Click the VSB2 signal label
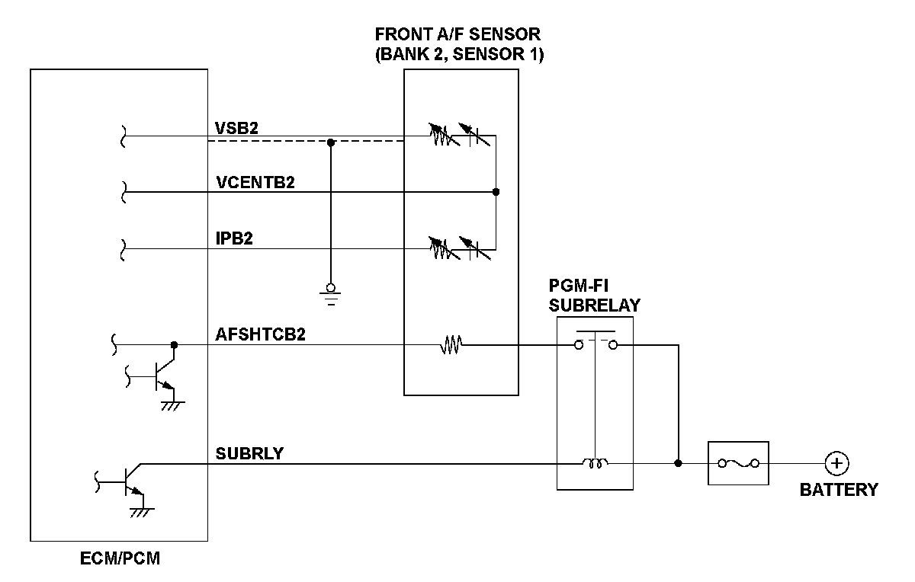pyautogui.click(x=237, y=128)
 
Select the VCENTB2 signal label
pyautogui.click(x=255, y=183)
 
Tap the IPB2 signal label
pyautogui.click(x=234, y=238)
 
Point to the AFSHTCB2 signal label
pyautogui.click(x=261, y=334)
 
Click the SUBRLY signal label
pyautogui.click(x=249, y=453)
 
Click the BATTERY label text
pyautogui.click(x=838, y=490)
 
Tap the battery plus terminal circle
pyautogui.click(x=837, y=463)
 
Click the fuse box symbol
pyautogui.click(x=738, y=463)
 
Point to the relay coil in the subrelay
pyautogui.click(x=595, y=462)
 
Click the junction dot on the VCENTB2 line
pyautogui.click(x=496, y=192)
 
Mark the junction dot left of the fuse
pyautogui.click(x=678, y=463)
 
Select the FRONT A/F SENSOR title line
pyautogui.click(x=458, y=35)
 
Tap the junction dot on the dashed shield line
pyautogui.click(x=330, y=142)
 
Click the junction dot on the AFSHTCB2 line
pyautogui.click(x=174, y=345)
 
